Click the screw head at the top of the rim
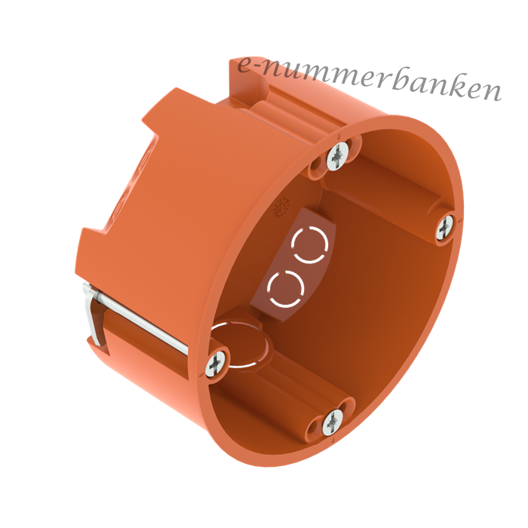click(x=337, y=156)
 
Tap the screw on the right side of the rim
click(x=446, y=229)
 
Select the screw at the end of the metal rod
click(x=215, y=363)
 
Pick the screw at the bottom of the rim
click(x=333, y=422)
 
